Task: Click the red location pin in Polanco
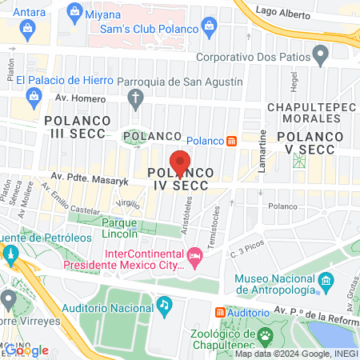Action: (x=181, y=162)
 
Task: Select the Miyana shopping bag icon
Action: (x=75, y=11)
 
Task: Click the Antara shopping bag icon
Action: (x=28, y=30)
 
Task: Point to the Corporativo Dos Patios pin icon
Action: (x=321, y=56)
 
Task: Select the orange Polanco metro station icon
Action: (x=231, y=141)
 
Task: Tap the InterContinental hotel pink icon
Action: (x=194, y=257)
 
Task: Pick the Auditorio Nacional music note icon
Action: (x=164, y=304)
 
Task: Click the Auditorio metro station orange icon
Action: (x=221, y=312)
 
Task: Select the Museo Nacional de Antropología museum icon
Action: (x=326, y=282)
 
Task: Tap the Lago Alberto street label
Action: (x=283, y=12)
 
